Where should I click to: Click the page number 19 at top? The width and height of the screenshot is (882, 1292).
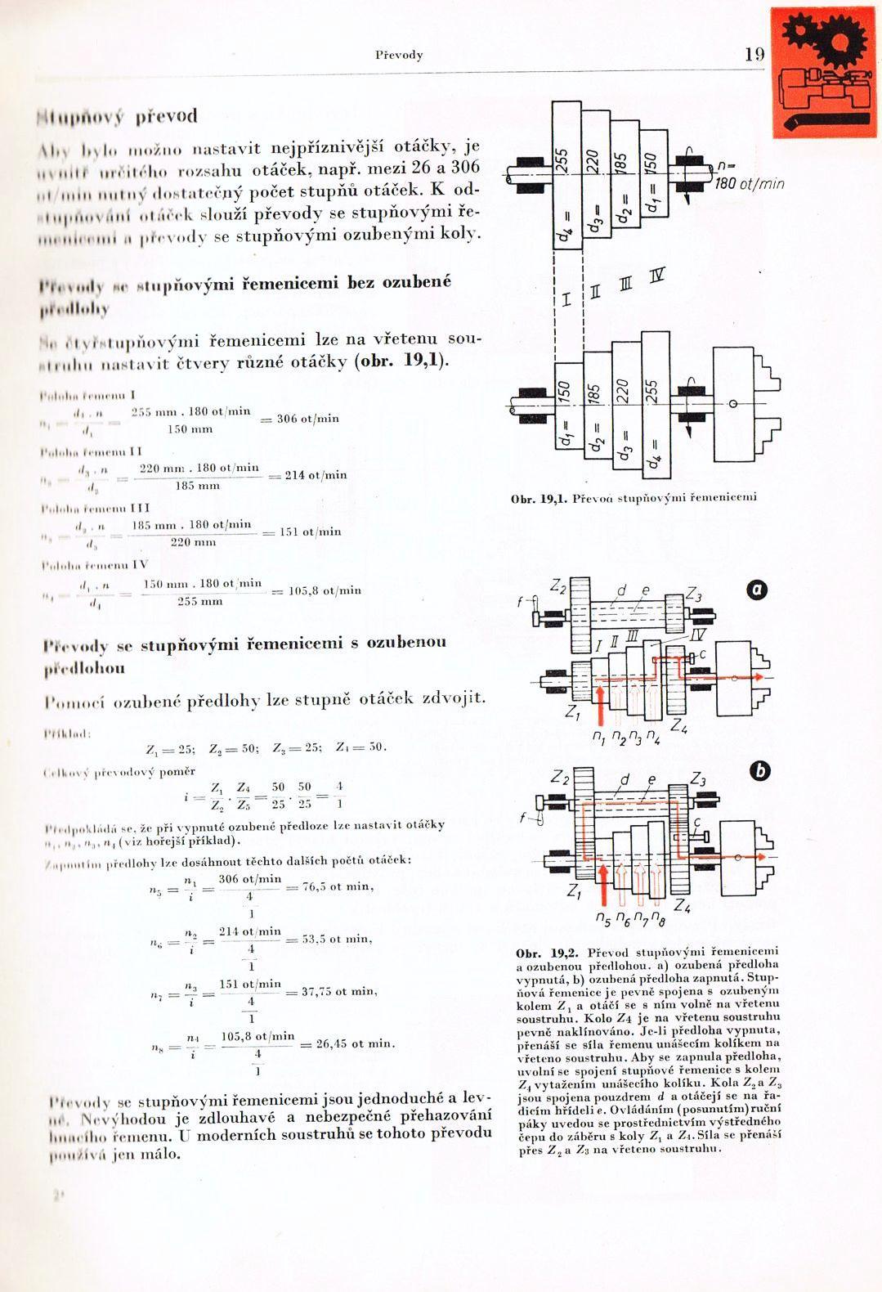click(x=754, y=55)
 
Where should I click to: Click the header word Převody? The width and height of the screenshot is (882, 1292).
click(x=399, y=55)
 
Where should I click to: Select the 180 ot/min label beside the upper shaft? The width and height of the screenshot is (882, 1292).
click(x=750, y=184)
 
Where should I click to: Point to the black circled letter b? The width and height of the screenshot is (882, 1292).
click(x=760, y=769)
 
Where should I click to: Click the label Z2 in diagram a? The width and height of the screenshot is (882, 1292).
click(x=558, y=586)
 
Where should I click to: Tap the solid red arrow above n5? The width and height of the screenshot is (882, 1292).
click(x=603, y=886)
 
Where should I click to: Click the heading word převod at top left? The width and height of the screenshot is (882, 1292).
click(x=166, y=116)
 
